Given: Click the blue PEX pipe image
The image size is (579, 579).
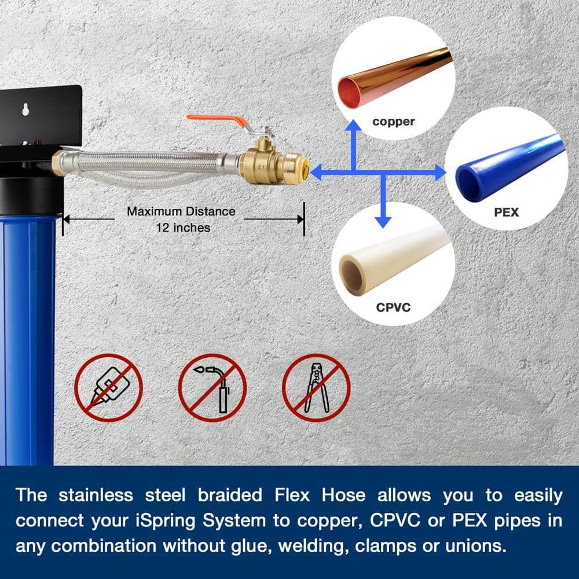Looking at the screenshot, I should (510, 168).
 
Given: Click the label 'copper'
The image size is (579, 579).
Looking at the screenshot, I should (394, 122).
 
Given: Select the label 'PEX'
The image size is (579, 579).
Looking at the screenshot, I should (506, 212).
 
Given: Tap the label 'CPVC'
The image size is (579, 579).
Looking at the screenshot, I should (393, 307).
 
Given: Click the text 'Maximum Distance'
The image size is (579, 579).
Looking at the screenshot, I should (181, 211).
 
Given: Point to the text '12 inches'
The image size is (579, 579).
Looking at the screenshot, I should (183, 228).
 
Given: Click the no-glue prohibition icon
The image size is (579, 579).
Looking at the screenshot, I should (108, 387).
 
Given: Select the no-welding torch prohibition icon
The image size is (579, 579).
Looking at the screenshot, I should (212, 387).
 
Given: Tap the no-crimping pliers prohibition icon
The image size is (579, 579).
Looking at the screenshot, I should (316, 387).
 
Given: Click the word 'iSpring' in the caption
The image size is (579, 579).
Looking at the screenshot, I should (200, 521).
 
